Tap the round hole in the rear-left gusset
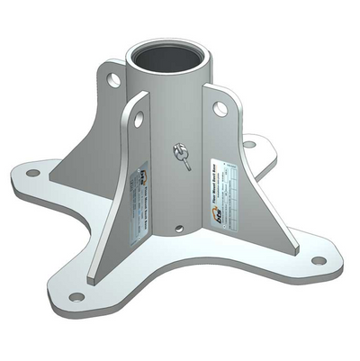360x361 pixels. (x=114, y=81)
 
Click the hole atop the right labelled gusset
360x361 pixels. (x=220, y=109)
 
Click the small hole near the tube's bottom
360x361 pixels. (x=179, y=229)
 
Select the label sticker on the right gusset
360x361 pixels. (x=230, y=193)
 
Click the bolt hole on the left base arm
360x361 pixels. (x=32, y=172)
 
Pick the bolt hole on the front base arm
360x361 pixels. (x=76, y=296)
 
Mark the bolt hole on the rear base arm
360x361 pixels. (x=248, y=142)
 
